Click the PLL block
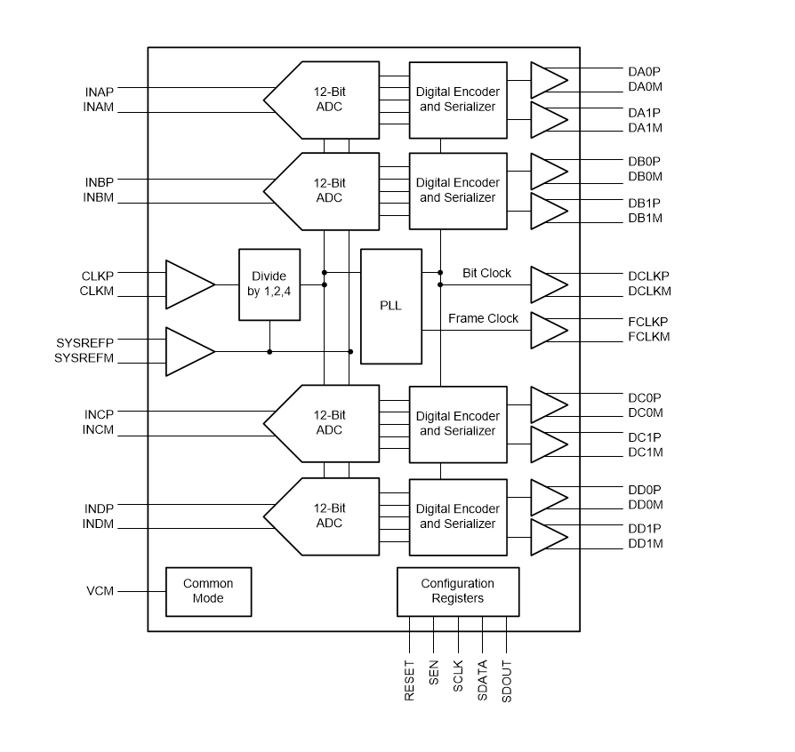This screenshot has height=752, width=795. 391,306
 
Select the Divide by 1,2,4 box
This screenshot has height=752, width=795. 269,284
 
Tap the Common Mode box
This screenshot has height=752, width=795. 208,591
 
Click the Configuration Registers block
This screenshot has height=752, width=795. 457,591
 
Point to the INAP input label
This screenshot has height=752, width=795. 100,91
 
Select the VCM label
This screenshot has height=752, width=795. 100,591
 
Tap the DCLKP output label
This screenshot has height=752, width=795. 648,276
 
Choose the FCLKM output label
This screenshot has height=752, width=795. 648,337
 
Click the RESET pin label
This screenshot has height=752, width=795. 410,681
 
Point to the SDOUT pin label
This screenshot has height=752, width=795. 507,682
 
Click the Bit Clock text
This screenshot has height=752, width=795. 486,273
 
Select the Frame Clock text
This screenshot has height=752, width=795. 483,318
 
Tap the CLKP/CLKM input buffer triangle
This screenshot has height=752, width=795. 189,284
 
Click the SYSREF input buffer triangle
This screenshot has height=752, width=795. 189,351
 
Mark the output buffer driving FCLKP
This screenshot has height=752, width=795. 548,330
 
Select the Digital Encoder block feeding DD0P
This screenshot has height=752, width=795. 457,516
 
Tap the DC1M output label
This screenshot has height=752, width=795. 645,452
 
